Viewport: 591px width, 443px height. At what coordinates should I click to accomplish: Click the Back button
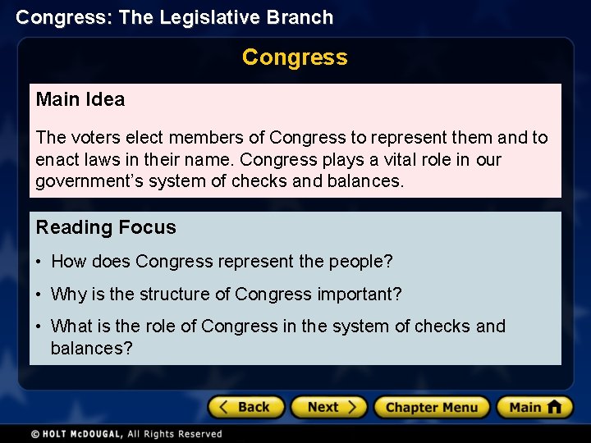click(245, 407)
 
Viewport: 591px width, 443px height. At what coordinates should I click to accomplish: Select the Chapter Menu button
click(431, 407)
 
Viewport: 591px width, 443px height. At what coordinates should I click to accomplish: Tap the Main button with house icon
click(534, 407)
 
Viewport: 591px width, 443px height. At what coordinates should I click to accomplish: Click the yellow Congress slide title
click(295, 57)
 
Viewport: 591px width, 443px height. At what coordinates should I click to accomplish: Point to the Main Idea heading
click(80, 100)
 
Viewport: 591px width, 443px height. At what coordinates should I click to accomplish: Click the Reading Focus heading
click(106, 227)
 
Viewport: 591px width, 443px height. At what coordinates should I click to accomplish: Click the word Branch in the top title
click(303, 17)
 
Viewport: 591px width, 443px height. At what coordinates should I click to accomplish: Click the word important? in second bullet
click(360, 294)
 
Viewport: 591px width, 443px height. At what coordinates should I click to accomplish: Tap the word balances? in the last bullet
click(91, 348)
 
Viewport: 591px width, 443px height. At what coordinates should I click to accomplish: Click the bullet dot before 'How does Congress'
click(39, 263)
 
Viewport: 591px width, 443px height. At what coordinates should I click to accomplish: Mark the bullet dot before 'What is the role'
click(39, 327)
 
